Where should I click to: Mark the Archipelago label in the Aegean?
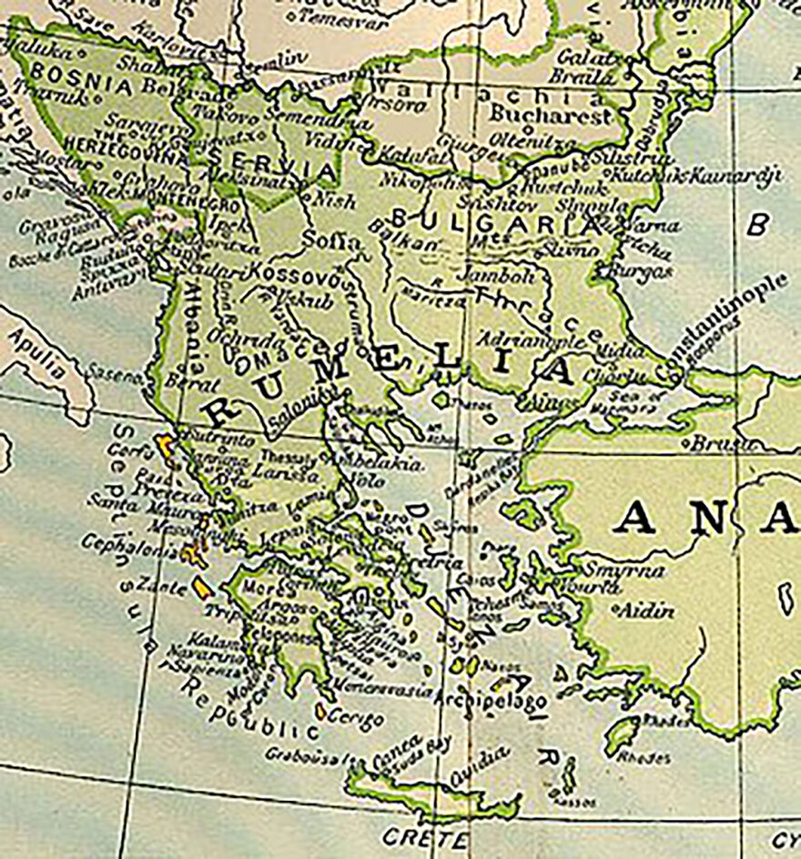tap(492, 702)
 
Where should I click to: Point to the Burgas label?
tap(641, 271)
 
